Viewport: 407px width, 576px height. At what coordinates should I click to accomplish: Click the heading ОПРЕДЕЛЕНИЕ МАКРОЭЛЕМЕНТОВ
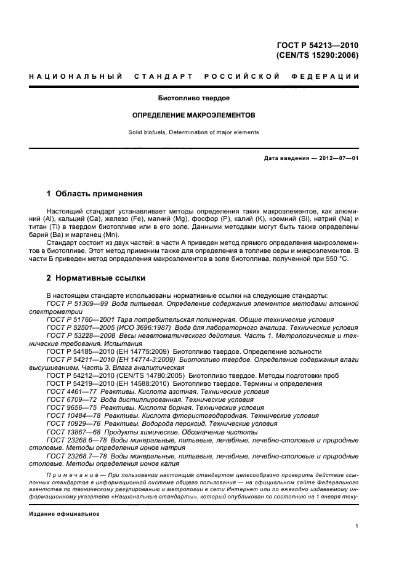coord(194,115)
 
